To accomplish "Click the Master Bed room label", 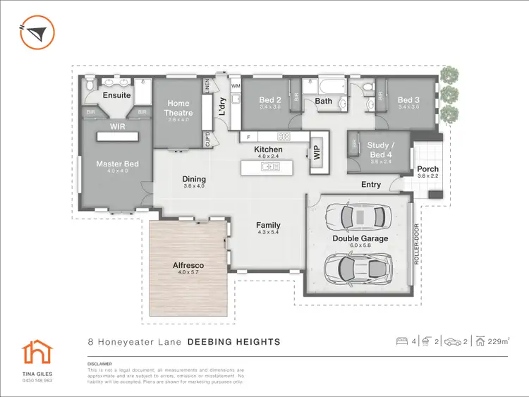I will click(117, 164).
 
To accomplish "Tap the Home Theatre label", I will click(178, 108).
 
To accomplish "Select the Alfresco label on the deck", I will click(188, 266).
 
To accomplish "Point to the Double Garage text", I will click(360, 238).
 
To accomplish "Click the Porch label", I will click(427, 169).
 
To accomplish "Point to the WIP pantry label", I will click(317, 153).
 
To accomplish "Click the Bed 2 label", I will click(270, 100).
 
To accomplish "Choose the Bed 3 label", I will click(408, 100).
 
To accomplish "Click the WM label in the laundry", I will click(236, 86).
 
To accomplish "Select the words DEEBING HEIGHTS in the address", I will click(233, 342).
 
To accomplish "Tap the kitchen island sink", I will click(269, 167).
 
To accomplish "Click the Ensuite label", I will click(116, 95).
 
